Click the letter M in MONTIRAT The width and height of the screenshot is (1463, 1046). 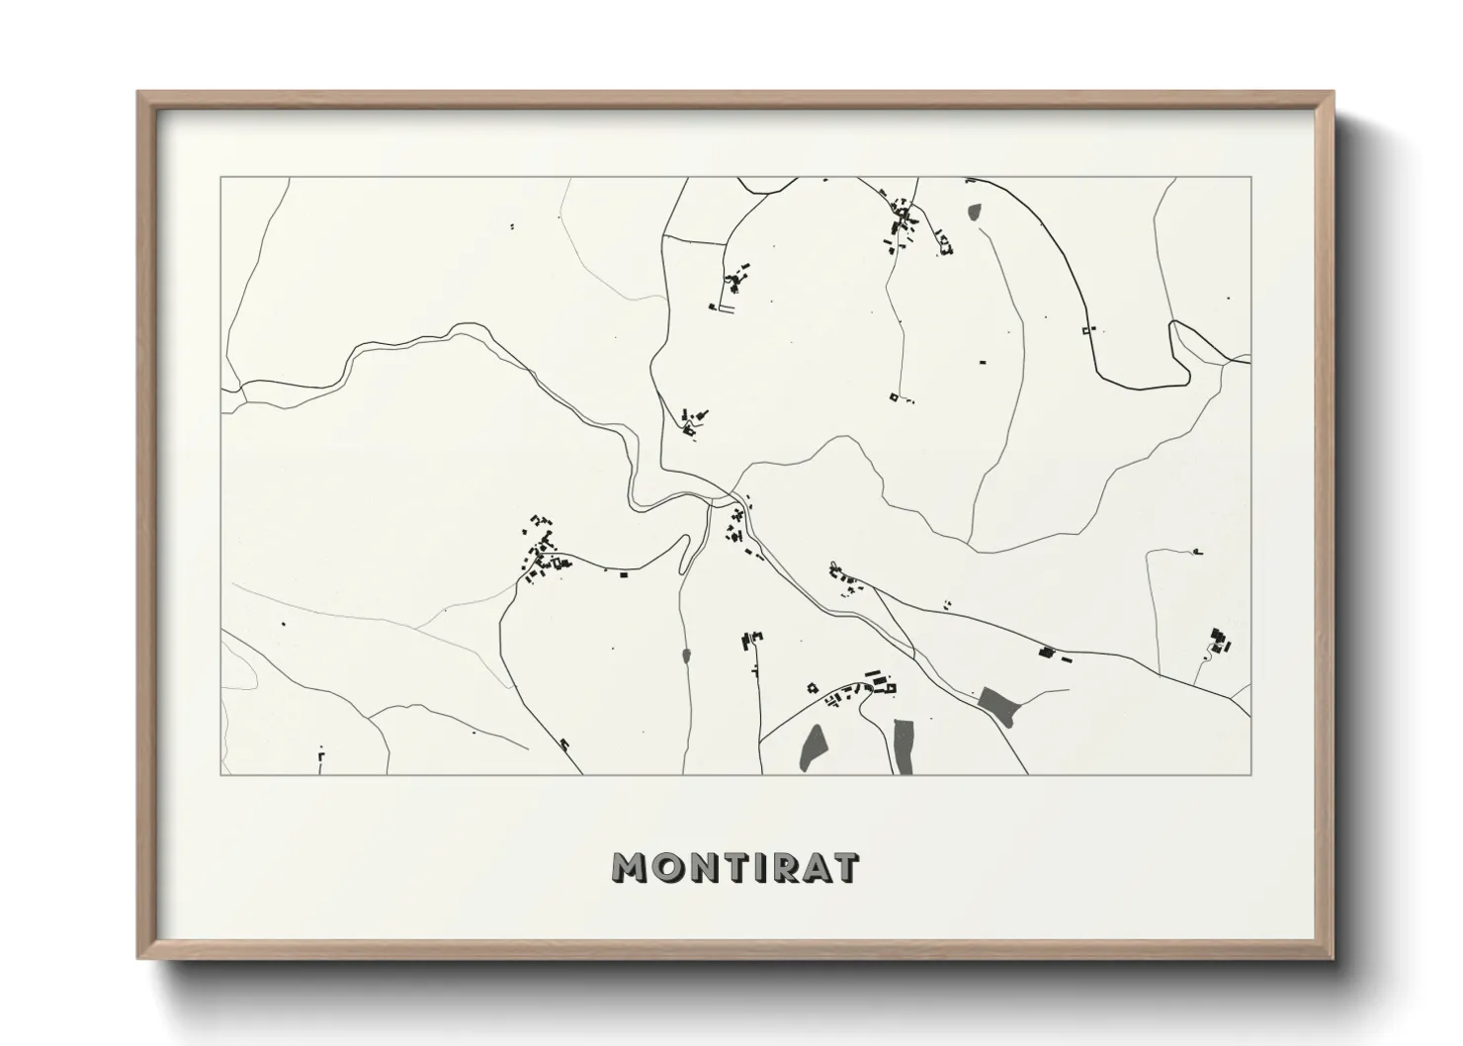click(x=631, y=867)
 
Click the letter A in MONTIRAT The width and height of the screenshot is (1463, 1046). click(x=811, y=867)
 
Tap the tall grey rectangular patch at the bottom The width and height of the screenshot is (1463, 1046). click(x=904, y=745)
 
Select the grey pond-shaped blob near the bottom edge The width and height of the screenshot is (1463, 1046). click(x=813, y=747)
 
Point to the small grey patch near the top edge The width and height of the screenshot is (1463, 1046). click(x=975, y=211)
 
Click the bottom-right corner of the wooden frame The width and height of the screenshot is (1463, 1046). click(x=1332, y=959)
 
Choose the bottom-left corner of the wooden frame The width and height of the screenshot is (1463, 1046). click(x=138, y=959)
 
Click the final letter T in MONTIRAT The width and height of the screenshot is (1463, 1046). click(x=846, y=867)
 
